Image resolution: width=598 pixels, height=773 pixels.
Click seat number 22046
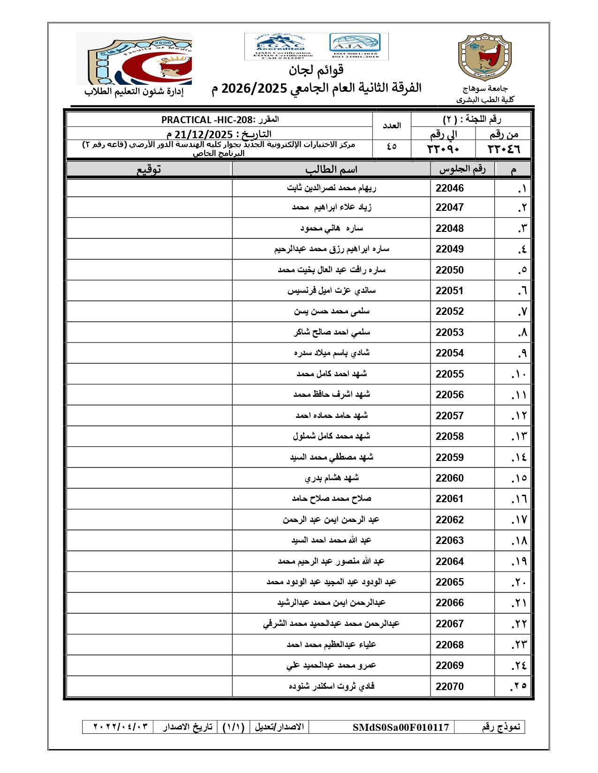pos(449,188)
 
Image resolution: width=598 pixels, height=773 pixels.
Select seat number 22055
pos(449,374)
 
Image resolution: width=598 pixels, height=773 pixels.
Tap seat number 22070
pos(449,686)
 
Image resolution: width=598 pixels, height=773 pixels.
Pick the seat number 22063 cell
pos(449,540)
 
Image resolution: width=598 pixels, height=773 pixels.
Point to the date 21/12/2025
pos(204,134)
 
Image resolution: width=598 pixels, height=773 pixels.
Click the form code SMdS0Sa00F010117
pos(401,727)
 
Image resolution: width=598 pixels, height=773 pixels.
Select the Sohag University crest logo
pos(484,57)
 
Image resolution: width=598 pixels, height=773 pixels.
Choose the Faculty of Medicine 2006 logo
pos(134,58)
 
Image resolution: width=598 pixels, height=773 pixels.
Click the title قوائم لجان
pos(316,70)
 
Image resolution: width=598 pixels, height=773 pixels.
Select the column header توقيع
pos(149,169)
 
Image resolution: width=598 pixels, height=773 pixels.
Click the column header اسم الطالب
pos(331,169)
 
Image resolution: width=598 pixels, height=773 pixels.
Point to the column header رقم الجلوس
pos(462,169)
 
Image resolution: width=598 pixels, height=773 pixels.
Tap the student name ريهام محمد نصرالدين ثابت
pos(331,188)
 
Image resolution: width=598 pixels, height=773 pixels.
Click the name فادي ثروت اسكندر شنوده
pos(331,686)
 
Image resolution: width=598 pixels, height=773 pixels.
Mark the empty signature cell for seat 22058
pos(149,436)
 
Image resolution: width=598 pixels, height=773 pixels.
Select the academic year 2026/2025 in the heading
pos(254,88)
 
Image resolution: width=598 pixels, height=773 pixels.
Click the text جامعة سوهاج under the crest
pos(485,89)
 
